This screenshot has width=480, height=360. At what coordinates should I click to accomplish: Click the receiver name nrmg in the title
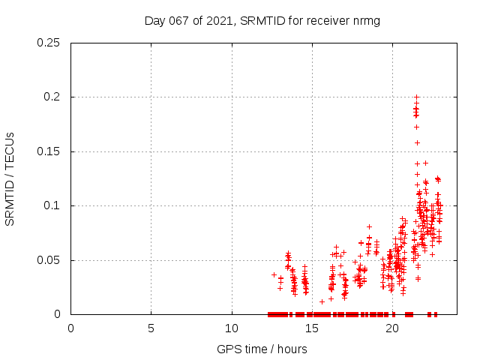click(366, 20)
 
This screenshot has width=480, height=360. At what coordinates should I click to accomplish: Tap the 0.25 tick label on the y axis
click(49, 43)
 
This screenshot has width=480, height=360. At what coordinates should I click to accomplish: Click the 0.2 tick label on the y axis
click(52, 97)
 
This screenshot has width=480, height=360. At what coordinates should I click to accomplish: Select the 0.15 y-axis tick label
click(49, 151)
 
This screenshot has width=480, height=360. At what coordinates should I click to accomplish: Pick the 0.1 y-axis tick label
click(52, 205)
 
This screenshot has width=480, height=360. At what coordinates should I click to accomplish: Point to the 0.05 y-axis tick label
click(49, 260)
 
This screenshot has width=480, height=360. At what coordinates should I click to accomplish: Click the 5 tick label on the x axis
click(151, 328)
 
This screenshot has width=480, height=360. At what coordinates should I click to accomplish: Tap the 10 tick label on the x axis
click(232, 328)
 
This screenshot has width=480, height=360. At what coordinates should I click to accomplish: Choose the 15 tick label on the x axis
click(312, 328)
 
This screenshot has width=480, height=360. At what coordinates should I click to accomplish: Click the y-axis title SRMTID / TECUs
click(10, 178)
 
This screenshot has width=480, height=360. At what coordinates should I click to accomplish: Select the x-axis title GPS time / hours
click(262, 349)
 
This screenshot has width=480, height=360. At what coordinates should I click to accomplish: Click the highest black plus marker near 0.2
click(416, 97)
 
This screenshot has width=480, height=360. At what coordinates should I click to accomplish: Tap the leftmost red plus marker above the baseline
click(274, 274)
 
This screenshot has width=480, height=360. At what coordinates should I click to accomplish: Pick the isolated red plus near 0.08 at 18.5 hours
click(370, 226)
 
